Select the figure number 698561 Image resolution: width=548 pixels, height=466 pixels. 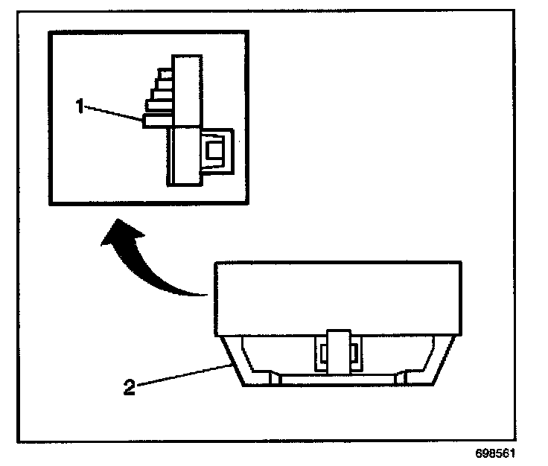(x=494, y=453)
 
